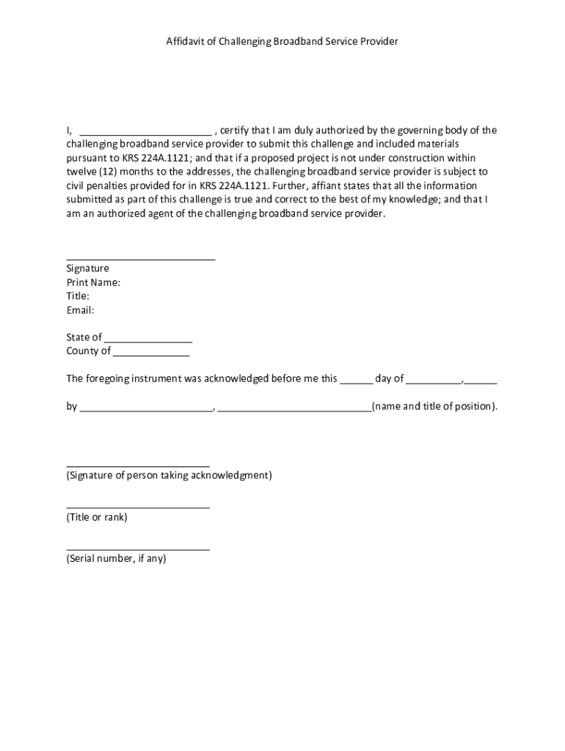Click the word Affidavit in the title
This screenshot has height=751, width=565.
pyautogui.click(x=186, y=42)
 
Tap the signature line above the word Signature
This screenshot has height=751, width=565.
pyautogui.click(x=141, y=259)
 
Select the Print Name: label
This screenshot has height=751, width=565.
pyautogui.click(x=93, y=282)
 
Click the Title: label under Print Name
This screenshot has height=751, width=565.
pyautogui.click(x=78, y=296)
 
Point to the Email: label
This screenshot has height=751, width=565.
pyautogui.click(x=80, y=310)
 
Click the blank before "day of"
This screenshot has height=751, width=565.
pyautogui.click(x=356, y=382)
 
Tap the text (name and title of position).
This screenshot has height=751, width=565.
pyautogui.click(x=434, y=406)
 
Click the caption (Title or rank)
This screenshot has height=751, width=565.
pyautogui.click(x=97, y=518)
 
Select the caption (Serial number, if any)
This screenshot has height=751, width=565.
pyautogui.click(x=116, y=559)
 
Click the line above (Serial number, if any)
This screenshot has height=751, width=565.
pyautogui.click(x=138, y=549)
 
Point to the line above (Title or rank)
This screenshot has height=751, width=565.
pyautogui.click(x=138, y=507)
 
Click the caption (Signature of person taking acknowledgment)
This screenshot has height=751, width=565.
pyautogui.click(x=169, y=476)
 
